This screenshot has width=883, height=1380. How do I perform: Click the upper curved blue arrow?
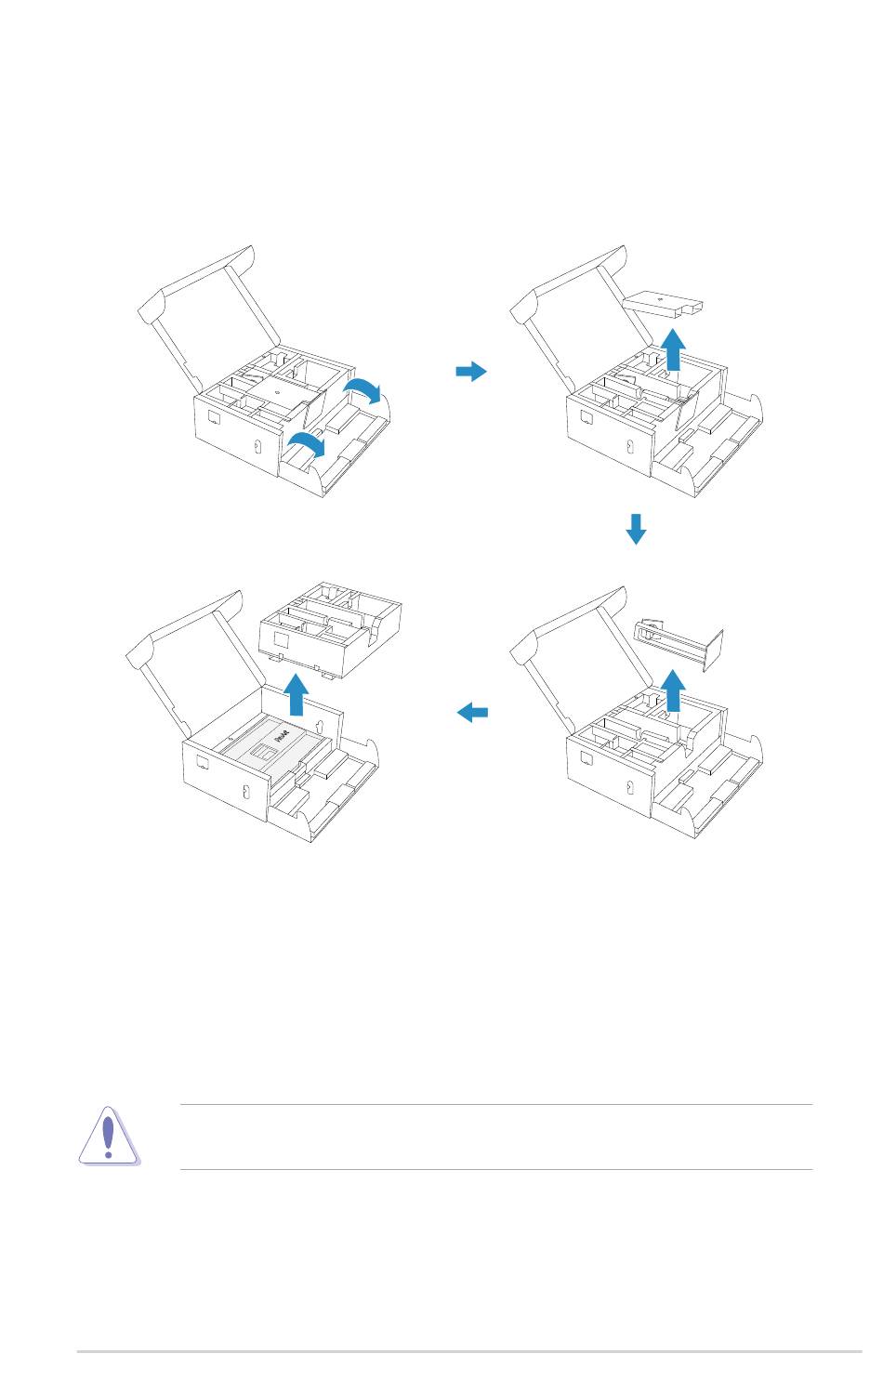point(362,389)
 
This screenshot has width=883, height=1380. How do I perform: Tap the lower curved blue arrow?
point(306,444)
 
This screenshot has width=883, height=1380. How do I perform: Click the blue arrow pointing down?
point(636,528)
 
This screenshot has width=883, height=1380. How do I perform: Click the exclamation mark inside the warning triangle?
point(109,1135)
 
